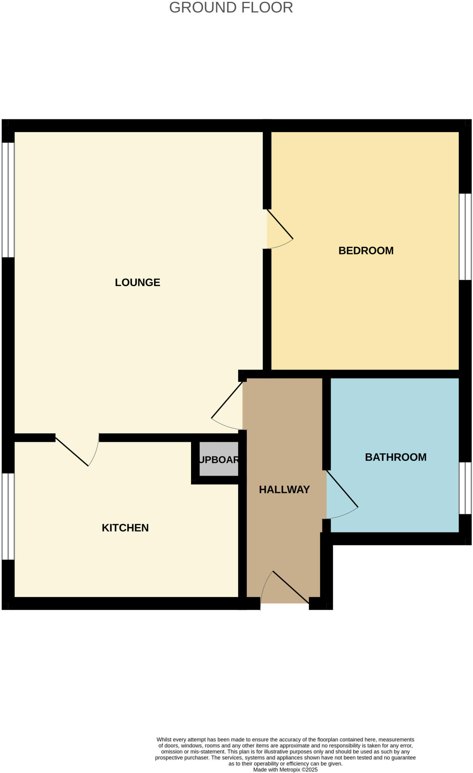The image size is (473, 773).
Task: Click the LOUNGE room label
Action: (x=137, y=282)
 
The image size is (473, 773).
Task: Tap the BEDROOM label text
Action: (x=366, y=251)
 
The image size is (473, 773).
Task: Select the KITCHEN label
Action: (x=125, y=528)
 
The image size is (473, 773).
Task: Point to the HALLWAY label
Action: (x=284, y=490)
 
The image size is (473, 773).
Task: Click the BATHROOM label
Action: (x=396, y=457)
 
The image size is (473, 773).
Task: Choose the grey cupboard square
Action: (x=219, y=459)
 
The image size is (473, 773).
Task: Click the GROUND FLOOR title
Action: (x=231, y=8)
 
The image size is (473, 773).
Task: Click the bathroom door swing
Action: (x=342, y=494)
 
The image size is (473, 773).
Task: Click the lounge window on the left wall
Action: (x=8, y=200)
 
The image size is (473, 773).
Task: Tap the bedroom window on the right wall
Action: (x=465, y=237)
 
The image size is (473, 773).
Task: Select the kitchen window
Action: (x=8, y=516)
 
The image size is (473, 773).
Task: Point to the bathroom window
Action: (x=465, y=488)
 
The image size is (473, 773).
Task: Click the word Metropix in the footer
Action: (x=289, y=770)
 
